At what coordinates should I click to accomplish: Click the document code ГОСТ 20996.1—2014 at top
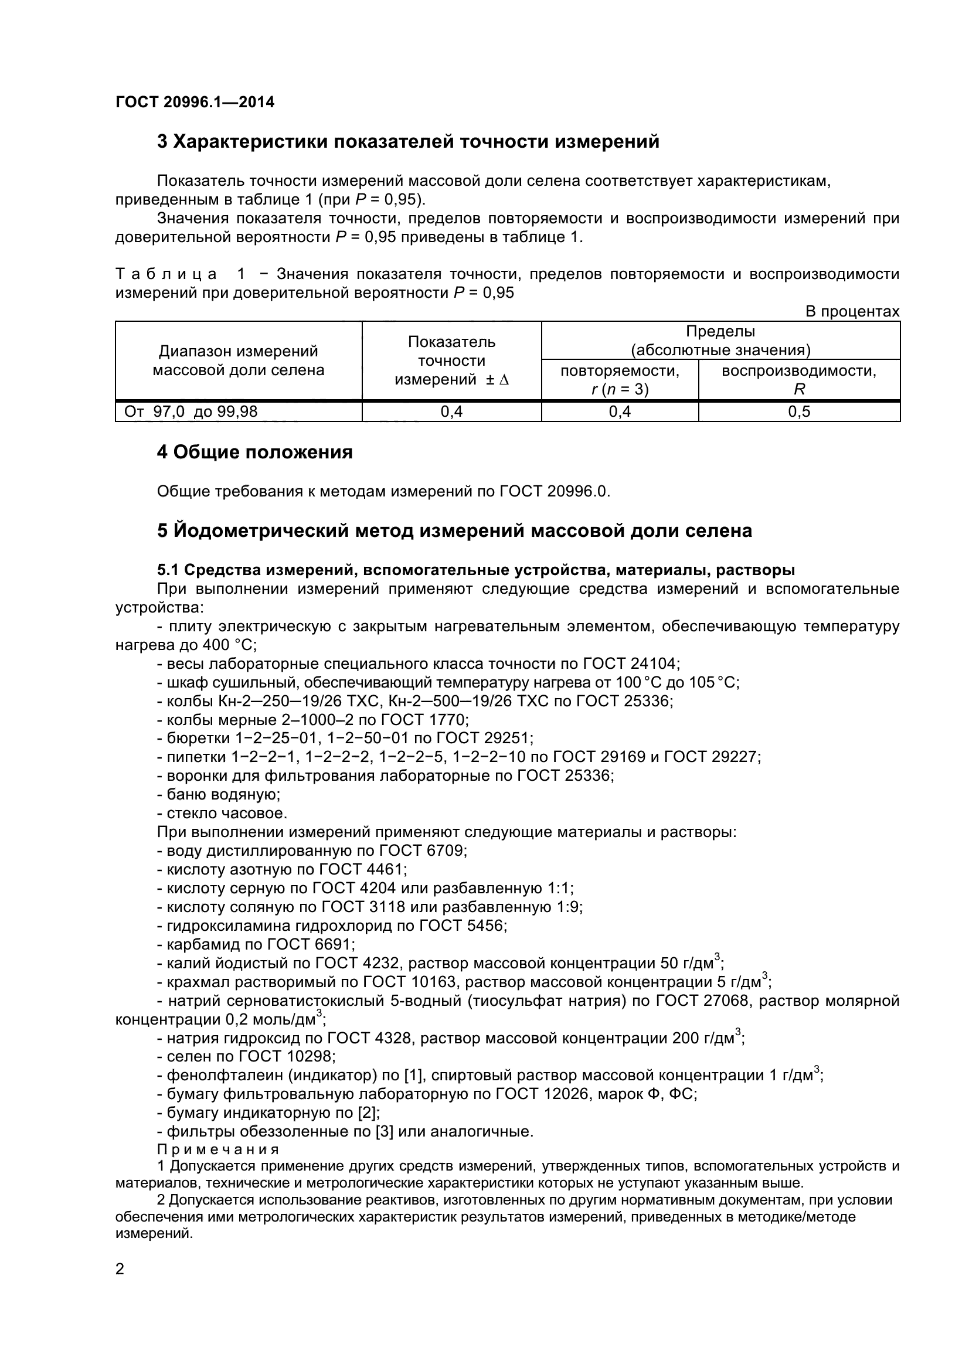pyautogui.click(x=195, y=102)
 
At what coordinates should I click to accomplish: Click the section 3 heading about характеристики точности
pyautogui.click(x=408, y=141)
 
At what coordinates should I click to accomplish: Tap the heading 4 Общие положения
pyautogui.click(x=254, y=452)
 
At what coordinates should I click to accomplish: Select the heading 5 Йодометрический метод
pyautogui.click(x=454, y=530)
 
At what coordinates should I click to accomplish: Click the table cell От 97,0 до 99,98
pyautogui.click(x=191, y=411)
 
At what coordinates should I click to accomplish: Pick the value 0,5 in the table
pyautogui.click(x=799, y=411)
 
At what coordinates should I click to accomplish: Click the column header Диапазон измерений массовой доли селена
pyautogui.click(x=238, y=360)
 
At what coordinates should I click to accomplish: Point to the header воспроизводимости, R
pyautogui.click(x=799, y=380)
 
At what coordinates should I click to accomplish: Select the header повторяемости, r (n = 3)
pyautogui.click(x=619, y=380)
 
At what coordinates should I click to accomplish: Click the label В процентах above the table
pyautogui.click(x=852, y=312)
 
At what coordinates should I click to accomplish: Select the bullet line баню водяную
pyautogui.click(x=219, y=794)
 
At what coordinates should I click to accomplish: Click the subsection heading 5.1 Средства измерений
pyautogui.click(x=475, y=570)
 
